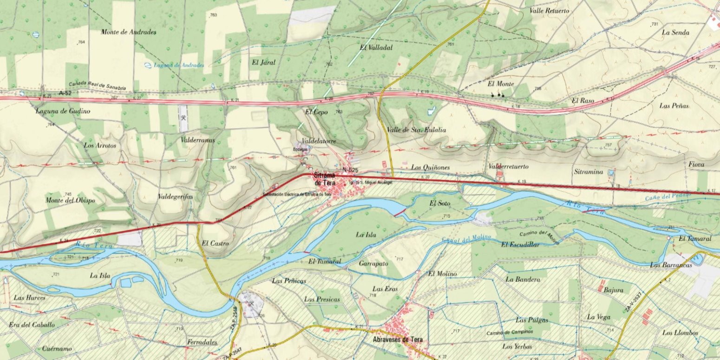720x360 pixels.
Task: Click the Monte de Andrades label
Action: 129,32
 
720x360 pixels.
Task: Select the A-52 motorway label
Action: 66,93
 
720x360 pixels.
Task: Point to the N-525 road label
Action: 351,170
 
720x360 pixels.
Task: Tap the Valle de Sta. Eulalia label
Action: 416,130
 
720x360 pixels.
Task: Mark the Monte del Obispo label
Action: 70,200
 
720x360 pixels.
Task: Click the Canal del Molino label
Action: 460,239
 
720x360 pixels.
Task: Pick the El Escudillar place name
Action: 520,245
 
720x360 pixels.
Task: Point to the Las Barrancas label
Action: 670,265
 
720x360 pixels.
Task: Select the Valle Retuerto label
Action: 549,11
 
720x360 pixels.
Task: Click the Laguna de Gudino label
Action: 63,111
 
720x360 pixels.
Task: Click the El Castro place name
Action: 215,242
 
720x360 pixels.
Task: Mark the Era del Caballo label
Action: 34,325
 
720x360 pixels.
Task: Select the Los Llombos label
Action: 680,333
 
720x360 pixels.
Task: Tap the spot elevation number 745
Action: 68,194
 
